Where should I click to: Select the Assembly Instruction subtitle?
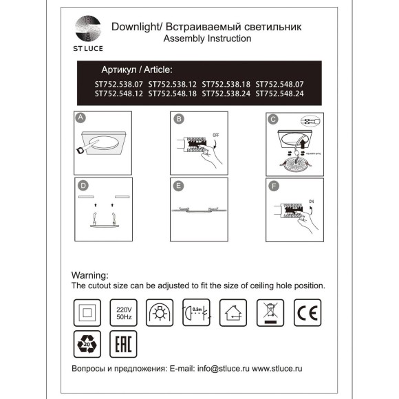tap(206, 39)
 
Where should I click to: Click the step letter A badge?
tap(81, 118)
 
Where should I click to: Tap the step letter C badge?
tap(273, 118)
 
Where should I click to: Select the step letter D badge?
tap(83, 185)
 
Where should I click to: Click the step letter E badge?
tap(178, 186)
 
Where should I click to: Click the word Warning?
tap(91, 274)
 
